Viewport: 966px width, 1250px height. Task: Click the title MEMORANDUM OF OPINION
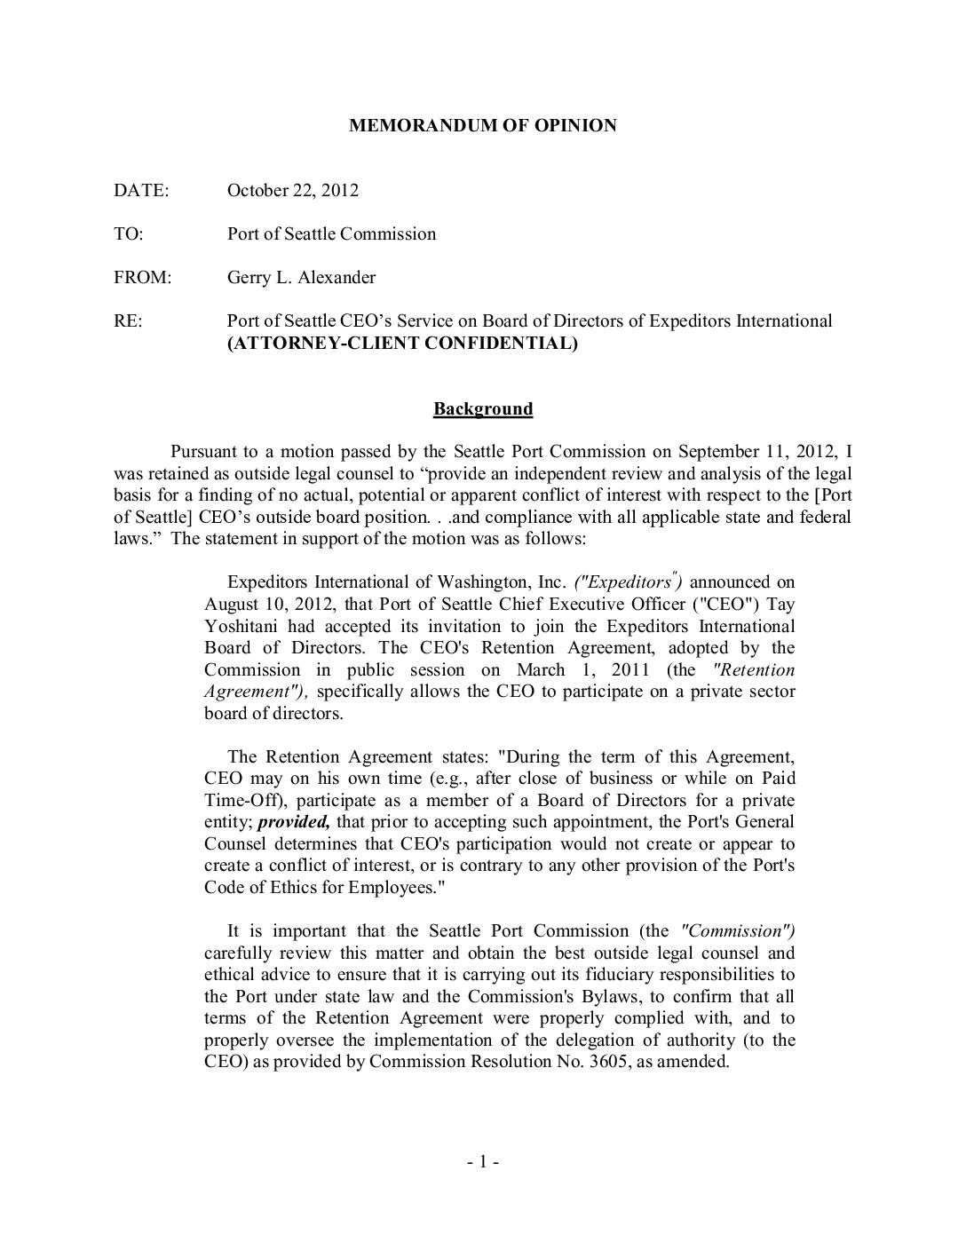482,125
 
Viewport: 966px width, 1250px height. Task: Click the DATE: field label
141,190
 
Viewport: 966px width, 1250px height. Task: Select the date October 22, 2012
293,190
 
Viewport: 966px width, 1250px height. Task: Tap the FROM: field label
142,277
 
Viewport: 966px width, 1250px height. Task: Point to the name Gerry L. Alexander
301,277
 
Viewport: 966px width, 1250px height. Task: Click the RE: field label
128,320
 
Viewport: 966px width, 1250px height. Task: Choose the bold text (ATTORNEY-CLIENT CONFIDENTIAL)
402,343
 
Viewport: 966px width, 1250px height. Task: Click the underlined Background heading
483,408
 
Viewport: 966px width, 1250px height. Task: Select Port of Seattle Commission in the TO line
331,233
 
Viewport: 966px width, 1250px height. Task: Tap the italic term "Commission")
737,931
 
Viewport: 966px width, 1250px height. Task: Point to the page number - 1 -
483,1162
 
